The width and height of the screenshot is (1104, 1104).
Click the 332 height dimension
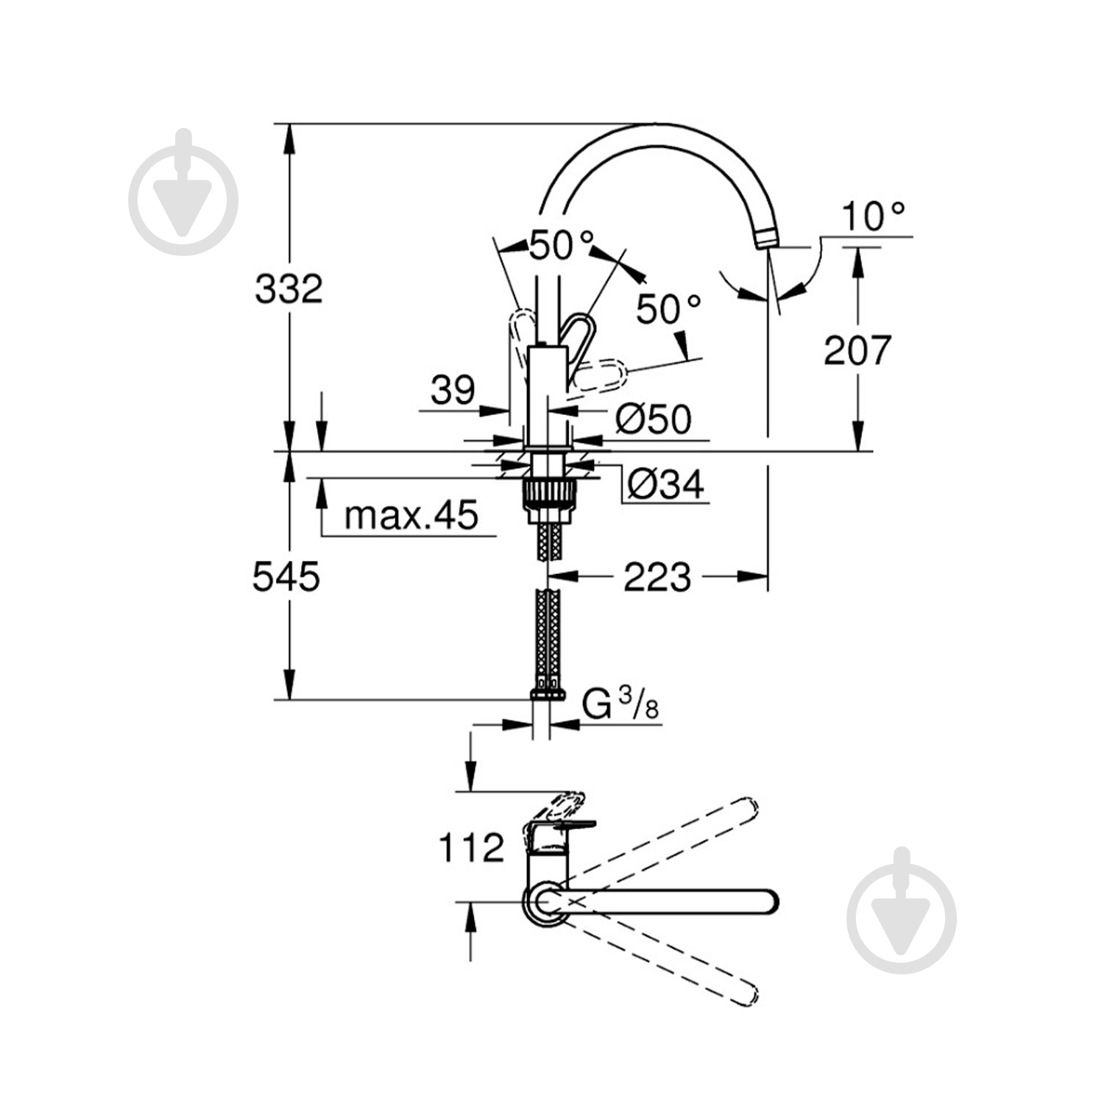click(x=289, y=289)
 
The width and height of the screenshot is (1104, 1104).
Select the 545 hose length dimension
click(x=286, y=576)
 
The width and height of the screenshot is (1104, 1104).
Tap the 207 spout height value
click(x=857, y=350)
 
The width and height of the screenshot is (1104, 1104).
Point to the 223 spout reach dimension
click(x=657, y=577)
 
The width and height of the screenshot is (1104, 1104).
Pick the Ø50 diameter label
click(x=654, y=420)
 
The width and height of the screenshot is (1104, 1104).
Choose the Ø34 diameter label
click(x=666, y=484)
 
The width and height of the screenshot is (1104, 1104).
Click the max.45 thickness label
click(x=411, y=515)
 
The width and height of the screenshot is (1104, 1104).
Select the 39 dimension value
click(x=453, y=389)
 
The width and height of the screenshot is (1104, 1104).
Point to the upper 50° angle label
click(x=562, y=246)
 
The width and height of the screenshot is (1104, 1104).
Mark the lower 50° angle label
click(x=668, y=309)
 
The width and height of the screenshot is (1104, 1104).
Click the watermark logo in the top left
click(x=183, y=192)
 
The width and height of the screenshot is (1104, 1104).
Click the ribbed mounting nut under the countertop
click(x=548, y=493)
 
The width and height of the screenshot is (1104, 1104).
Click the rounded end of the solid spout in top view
click(x=770, y=902)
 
